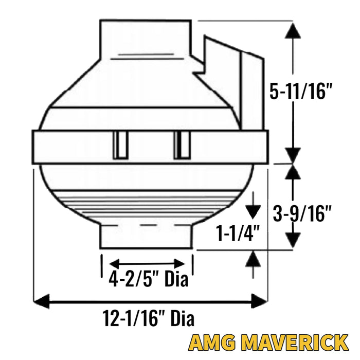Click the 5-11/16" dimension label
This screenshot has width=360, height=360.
pos(301,91)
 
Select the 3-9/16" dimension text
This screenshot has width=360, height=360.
pos(302,213)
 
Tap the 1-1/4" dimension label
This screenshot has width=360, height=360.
pos(238,233)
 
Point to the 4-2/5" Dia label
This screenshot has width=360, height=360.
pos(148,278)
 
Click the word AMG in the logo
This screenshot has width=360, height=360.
pos(212,343)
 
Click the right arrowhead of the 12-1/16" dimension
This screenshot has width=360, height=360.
pos(260,301)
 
